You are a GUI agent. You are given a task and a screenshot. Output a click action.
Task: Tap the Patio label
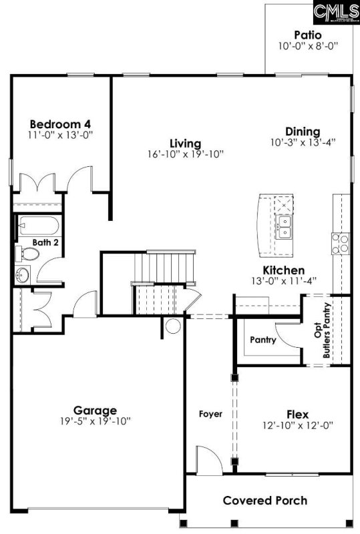point(308,35)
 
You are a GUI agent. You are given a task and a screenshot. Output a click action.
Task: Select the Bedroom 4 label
point(60,123)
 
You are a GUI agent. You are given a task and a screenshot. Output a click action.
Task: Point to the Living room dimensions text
point(185,154)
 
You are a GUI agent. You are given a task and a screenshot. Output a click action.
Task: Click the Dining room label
point(303,131)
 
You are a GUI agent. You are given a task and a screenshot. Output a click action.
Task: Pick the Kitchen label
point(284,270)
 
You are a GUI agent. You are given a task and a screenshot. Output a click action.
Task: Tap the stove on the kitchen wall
point(341,243)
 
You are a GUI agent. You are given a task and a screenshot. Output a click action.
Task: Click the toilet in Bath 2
point(27,254)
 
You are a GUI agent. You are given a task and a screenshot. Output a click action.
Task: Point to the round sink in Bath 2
point(23,274)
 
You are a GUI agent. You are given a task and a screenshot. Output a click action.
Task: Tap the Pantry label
point(263,340)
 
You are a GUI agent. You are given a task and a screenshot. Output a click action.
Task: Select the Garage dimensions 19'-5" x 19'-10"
point(95,421)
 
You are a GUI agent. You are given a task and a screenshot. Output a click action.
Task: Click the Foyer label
point(210,414)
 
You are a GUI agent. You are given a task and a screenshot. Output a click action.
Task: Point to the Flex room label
point(297,414)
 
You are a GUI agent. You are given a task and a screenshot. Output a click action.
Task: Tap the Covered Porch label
point(265,501)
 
